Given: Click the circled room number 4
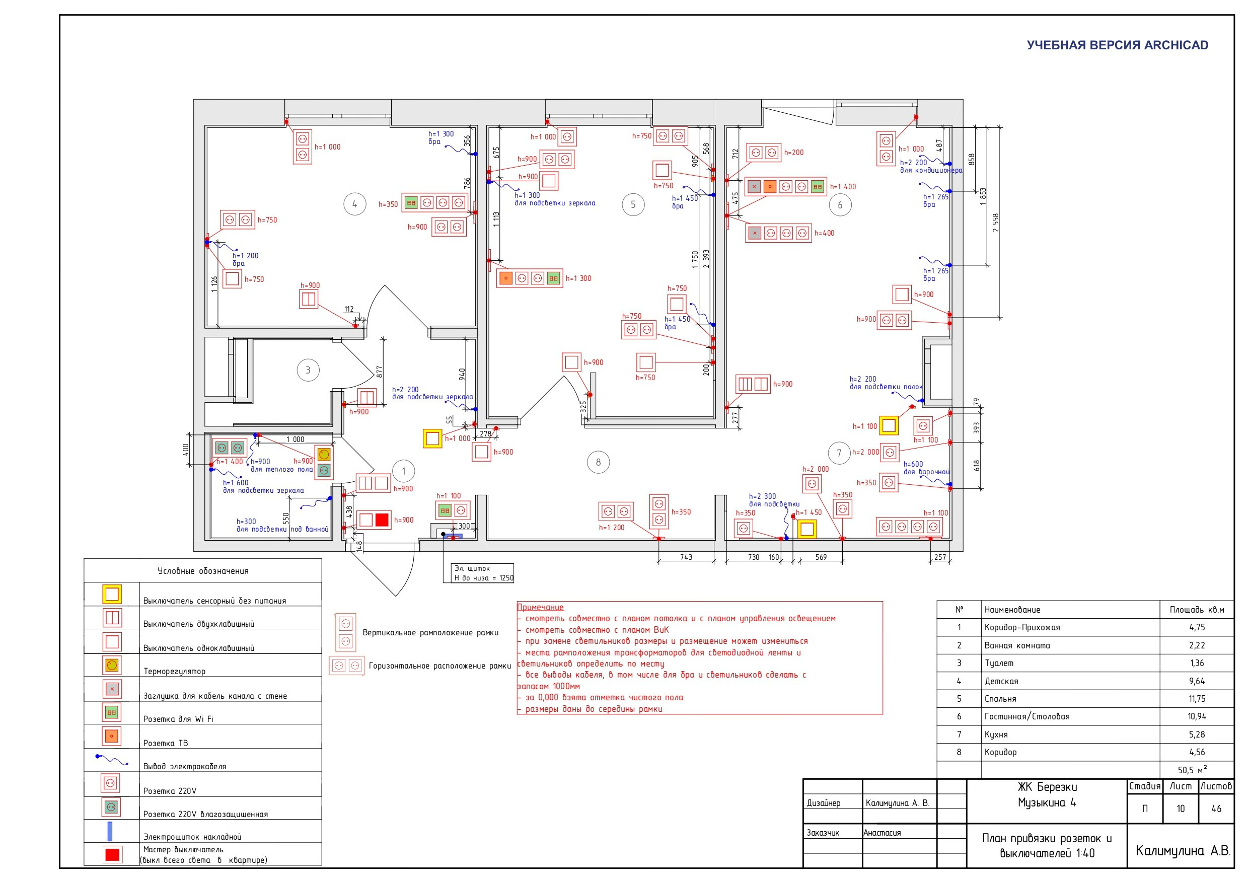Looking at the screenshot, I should point(355,204).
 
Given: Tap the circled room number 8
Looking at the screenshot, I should point(599,463).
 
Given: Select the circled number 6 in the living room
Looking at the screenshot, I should point(840,205).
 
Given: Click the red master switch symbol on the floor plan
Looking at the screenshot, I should point(383,520).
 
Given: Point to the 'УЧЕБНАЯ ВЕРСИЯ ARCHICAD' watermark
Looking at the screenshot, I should point(1118,45).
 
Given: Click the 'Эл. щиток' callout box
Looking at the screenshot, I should point(479,573).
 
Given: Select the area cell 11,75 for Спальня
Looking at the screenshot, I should point(1197,699).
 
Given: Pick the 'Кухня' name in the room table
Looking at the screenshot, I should point(996,734).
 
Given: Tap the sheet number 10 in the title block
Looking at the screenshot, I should point(1181,808).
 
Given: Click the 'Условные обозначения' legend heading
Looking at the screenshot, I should point(203,571).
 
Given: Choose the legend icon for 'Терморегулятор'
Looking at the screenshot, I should point(112,665).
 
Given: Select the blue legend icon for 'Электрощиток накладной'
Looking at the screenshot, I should point(110,831).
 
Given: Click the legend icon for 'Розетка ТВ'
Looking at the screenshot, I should point(112,736).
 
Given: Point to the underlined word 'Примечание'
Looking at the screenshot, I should point(540,607).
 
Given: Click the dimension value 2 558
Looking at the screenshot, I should point(995,222).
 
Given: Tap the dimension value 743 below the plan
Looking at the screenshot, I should point(686,557).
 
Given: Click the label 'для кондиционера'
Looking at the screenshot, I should point(931,170).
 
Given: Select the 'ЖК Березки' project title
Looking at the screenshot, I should point(1047,787).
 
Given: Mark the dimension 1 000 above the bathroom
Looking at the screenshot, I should point(296,439).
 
